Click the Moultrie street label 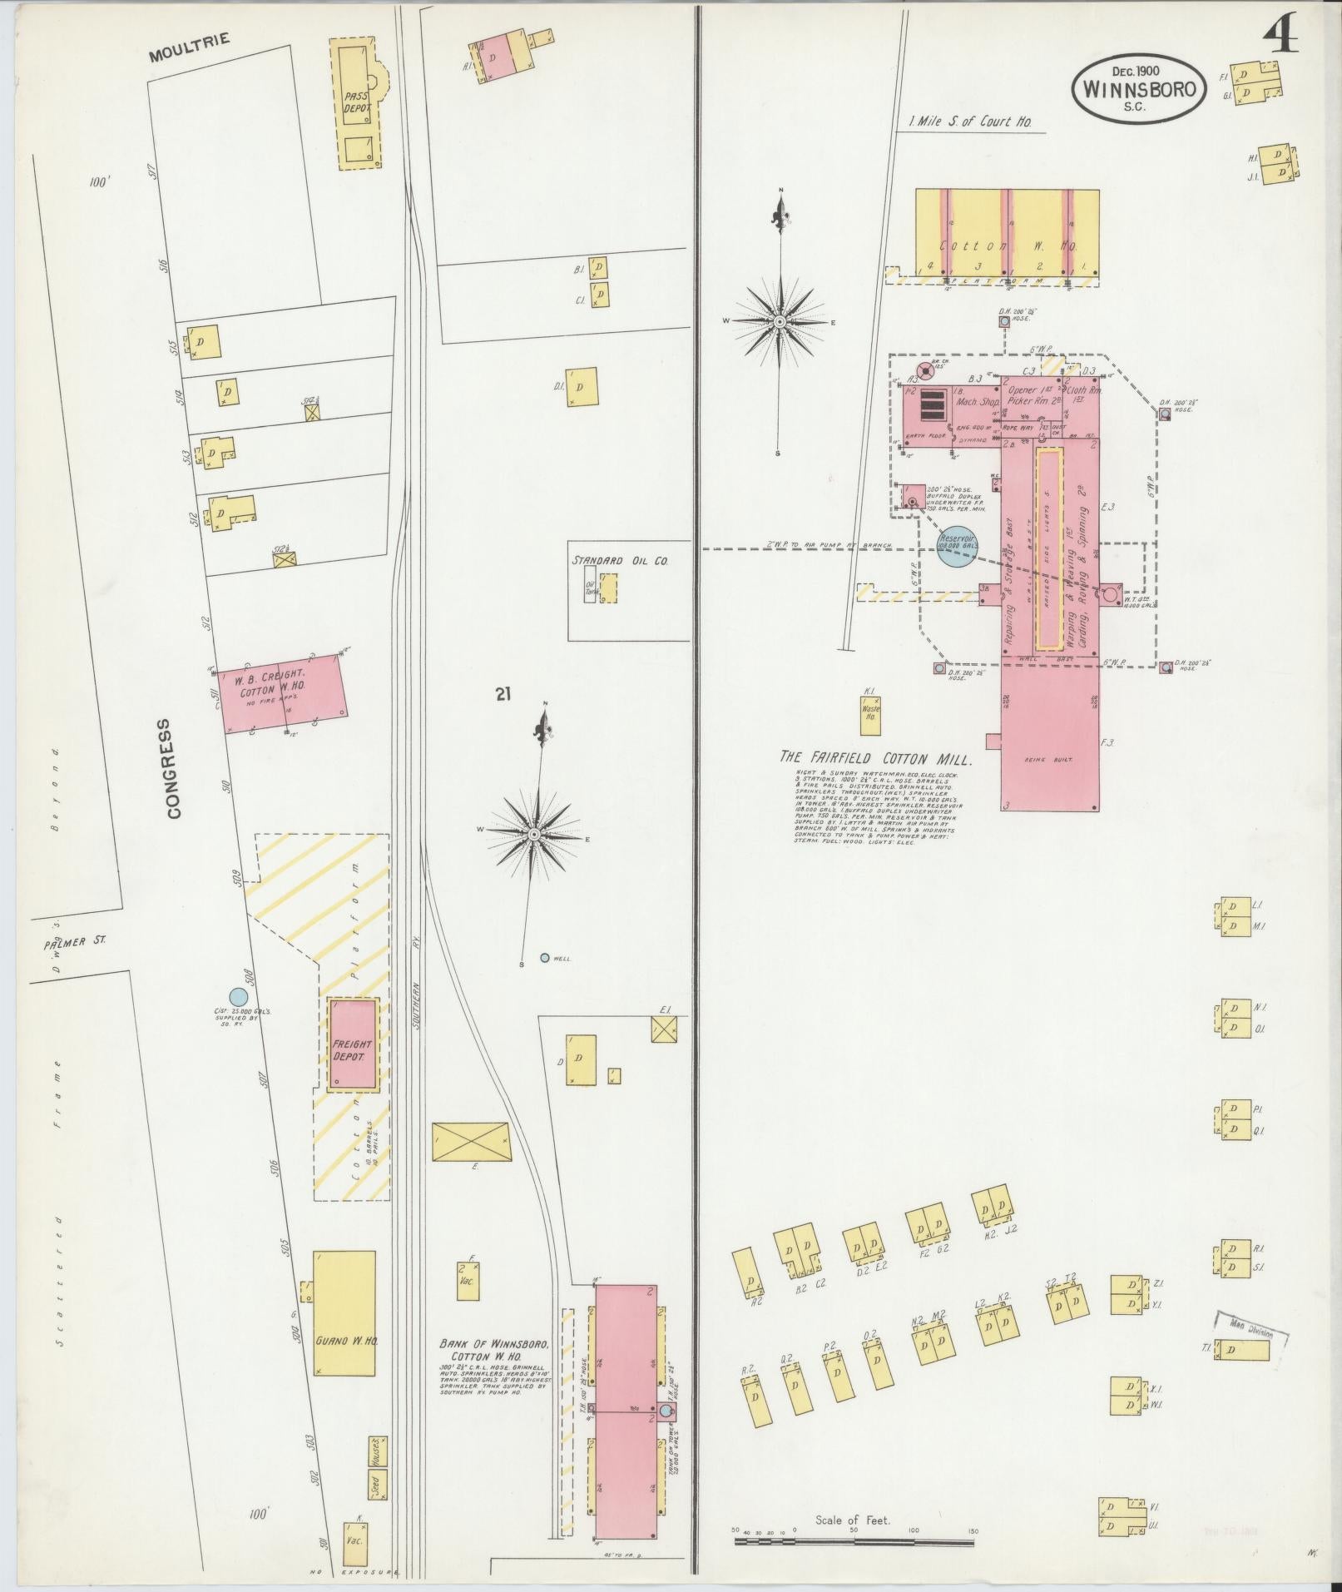pos(188,49)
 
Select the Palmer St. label pos(71,943)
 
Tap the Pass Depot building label pos(356,102)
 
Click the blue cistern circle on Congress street pos(239,996)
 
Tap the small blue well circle pos(545,958)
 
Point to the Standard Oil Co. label pos(620,561)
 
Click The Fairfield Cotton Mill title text pos(874,758)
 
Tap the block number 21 pos(503,694)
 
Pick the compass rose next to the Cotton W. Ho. pos(780,321)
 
